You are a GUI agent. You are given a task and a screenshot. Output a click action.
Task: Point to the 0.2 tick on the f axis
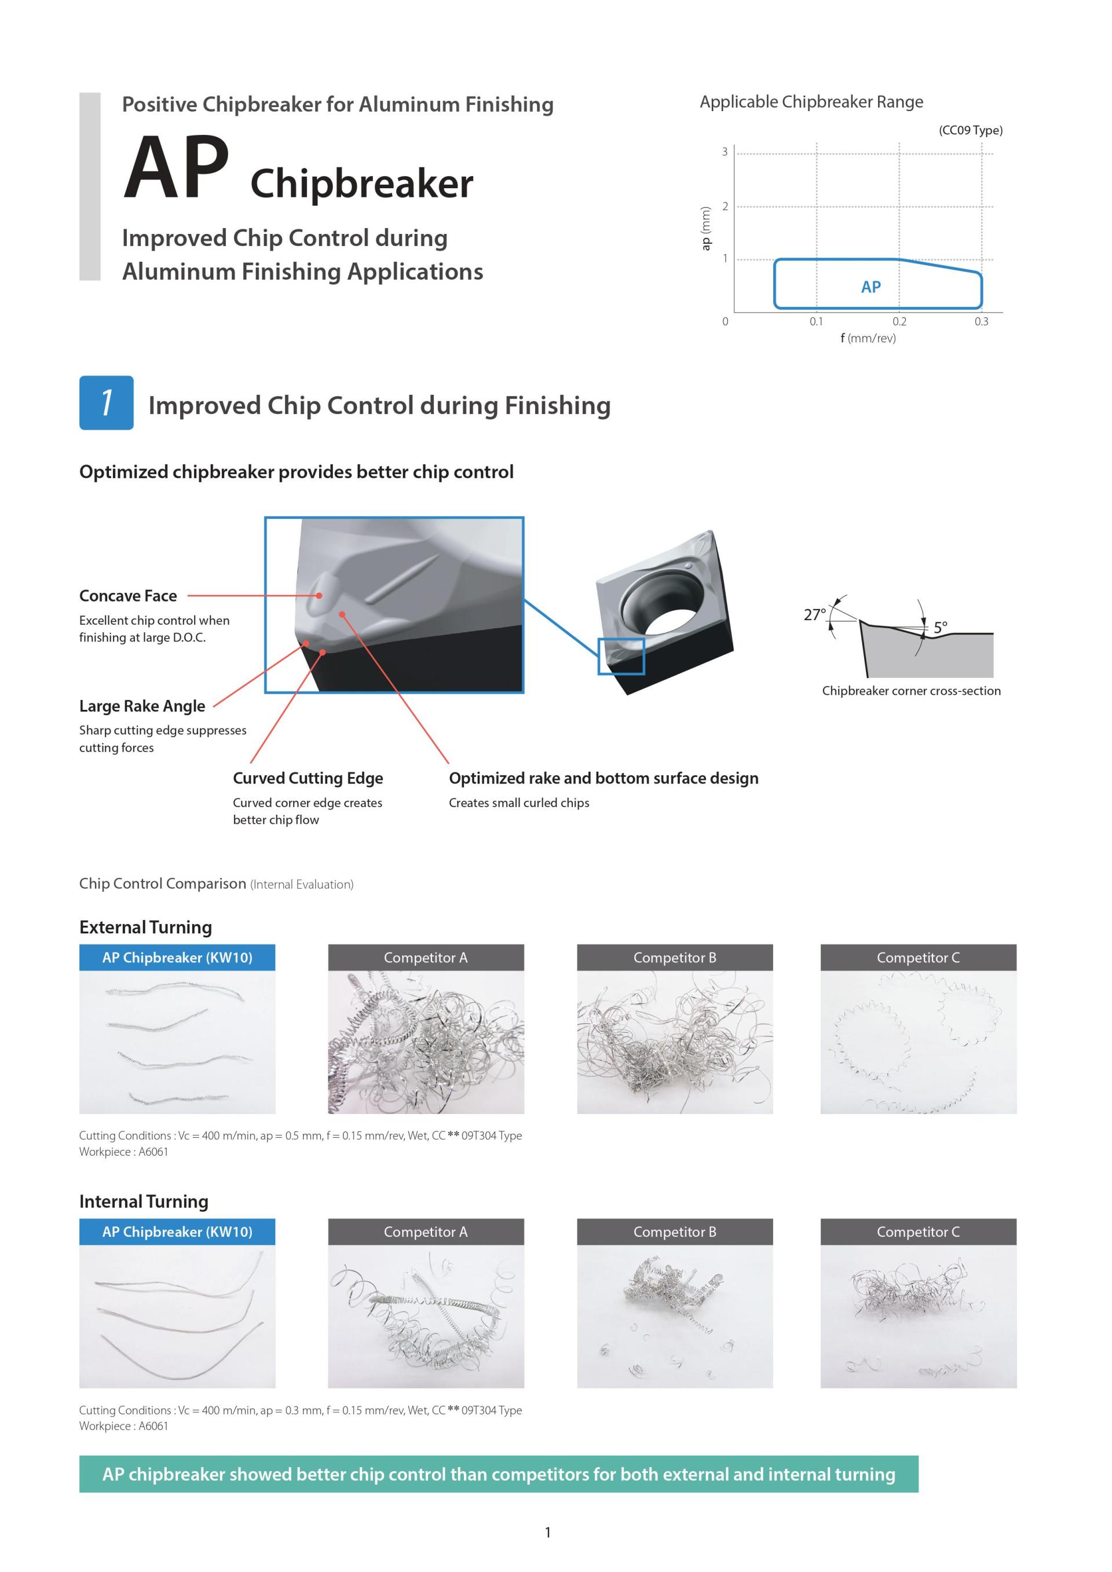899,321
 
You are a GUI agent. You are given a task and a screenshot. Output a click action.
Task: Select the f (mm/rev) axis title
868,338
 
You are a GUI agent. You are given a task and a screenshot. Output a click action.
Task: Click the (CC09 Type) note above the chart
970,130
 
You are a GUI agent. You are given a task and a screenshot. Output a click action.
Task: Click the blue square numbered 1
106,402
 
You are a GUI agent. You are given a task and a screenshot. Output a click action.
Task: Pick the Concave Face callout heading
128,596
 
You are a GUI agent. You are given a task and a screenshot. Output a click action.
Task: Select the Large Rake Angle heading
142,706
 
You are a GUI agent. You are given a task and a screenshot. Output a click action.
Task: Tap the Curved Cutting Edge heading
308,778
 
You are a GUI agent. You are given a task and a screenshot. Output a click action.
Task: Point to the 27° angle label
814,614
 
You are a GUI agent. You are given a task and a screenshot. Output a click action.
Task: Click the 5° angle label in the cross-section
940,626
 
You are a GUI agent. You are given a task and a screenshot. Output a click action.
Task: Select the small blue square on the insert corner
621,656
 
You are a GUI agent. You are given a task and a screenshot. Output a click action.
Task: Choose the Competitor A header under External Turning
425,957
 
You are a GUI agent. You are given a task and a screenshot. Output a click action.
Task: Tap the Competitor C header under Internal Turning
917,1232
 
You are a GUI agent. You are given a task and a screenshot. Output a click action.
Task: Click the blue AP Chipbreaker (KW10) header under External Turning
177,957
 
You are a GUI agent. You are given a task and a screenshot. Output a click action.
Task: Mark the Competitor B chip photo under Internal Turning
675,1316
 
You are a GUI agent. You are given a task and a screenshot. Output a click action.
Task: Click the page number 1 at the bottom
548,1532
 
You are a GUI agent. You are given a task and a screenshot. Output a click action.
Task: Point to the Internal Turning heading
144,1201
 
